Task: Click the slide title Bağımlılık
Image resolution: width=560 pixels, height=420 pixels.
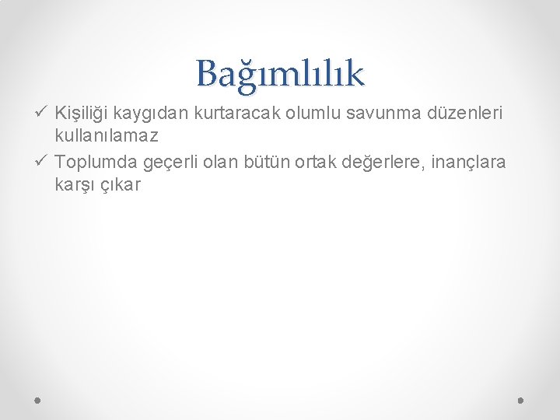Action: click(x=280, y=74)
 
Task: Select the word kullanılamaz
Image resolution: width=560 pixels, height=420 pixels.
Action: click(x=107, y=136)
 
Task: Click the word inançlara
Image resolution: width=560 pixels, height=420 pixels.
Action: click(x=474, y=162)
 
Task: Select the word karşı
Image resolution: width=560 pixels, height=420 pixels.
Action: click(x=75, y=186)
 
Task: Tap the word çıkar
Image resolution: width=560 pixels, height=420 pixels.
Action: click(x=121, y=185)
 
